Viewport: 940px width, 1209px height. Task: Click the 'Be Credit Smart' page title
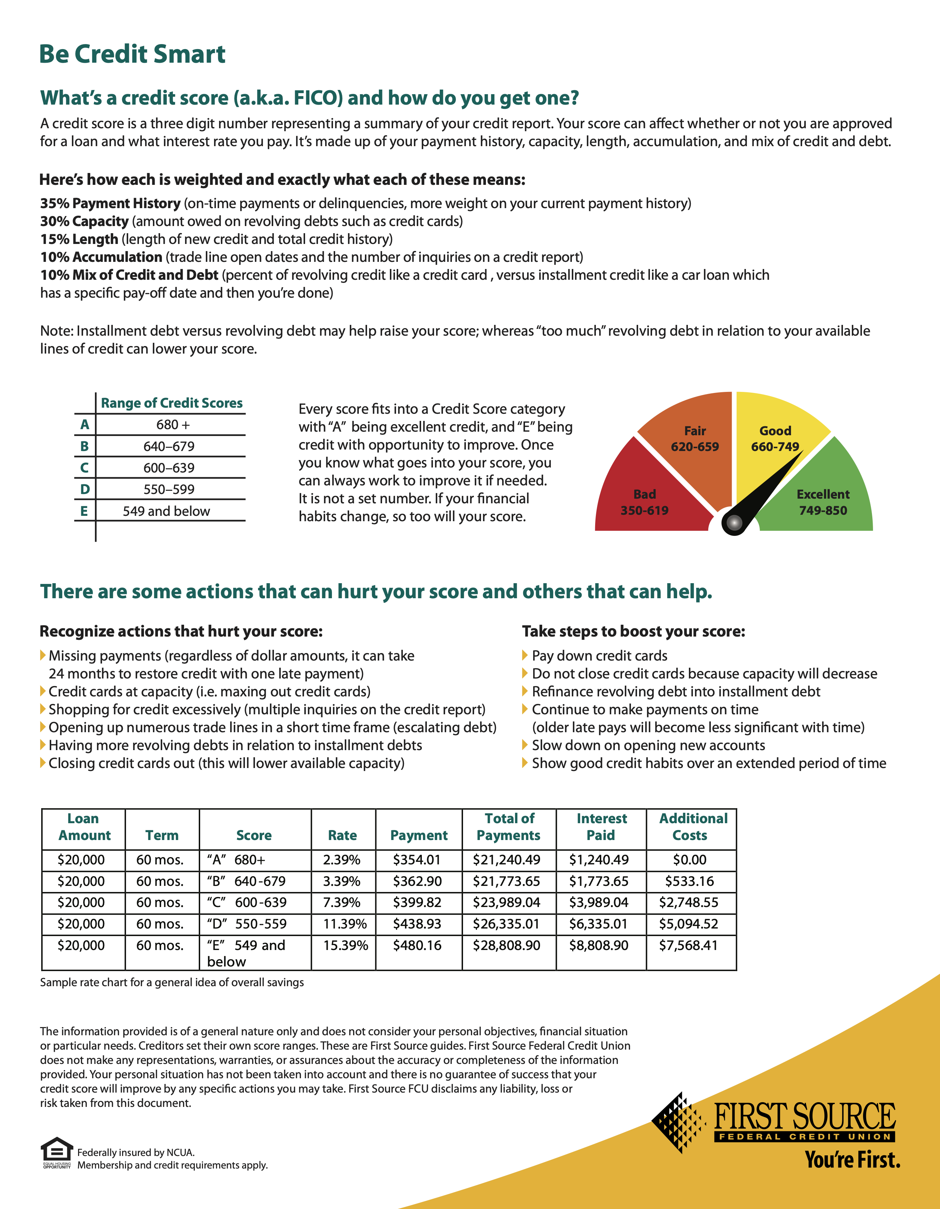click(132, 54)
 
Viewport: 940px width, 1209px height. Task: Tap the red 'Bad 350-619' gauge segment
click(647, 493)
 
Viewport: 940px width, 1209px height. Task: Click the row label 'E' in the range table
click(84, 511)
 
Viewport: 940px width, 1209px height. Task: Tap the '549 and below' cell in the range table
click(167, 511)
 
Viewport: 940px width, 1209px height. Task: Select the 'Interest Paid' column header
click(601, 827)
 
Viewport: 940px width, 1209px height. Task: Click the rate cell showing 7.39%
click(342, 902)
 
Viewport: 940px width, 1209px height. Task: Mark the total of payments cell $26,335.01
click(506, 924)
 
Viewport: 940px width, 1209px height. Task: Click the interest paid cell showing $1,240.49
click(599, 860)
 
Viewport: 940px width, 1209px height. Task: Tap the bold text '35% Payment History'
click(110, 203)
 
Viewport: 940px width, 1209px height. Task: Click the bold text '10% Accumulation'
click(101, 257)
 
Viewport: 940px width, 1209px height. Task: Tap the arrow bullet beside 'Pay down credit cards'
click(525, 656)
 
